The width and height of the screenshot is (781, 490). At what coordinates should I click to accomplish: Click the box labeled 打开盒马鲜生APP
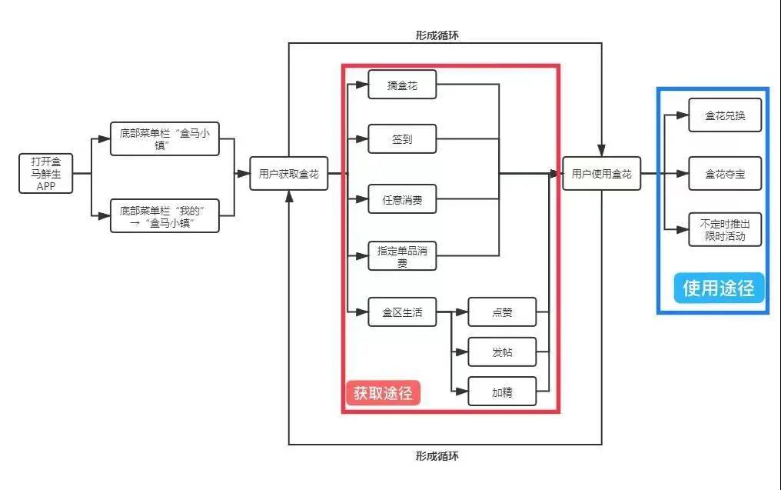point(46,174)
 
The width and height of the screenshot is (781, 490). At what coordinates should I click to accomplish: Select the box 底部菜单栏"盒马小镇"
point(165,139)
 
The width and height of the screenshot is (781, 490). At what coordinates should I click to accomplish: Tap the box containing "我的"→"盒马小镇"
point(165,216)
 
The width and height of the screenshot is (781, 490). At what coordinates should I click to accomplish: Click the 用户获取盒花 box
point(289,174)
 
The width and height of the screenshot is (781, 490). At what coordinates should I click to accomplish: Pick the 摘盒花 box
point(402,85)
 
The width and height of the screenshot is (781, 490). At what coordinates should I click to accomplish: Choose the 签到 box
point(402,139)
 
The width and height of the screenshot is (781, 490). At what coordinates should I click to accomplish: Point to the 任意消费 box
point(402,199)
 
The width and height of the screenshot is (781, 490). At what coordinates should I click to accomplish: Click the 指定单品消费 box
point(402,256)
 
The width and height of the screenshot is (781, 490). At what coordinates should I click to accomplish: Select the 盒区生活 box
point(402,312)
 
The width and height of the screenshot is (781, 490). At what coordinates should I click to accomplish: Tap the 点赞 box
point(502,312)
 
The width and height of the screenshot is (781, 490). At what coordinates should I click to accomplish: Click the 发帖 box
point(502,352)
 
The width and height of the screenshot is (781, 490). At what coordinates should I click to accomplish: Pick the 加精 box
point(502,392)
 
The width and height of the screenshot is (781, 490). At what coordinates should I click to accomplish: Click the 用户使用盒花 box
point(601,174)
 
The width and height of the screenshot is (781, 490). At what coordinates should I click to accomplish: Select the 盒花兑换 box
point(725,115)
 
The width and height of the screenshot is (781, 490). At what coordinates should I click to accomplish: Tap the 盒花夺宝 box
point(725,174)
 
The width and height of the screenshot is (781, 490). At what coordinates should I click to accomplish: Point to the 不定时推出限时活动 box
point(725,229)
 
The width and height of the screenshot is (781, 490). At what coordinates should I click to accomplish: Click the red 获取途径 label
point(383,392)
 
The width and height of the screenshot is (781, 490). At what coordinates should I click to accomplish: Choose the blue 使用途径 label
point(720,288)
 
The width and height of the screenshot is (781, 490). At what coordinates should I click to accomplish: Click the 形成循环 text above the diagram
point(437,35)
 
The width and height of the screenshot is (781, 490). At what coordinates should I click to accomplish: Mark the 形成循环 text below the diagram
point(437,455)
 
